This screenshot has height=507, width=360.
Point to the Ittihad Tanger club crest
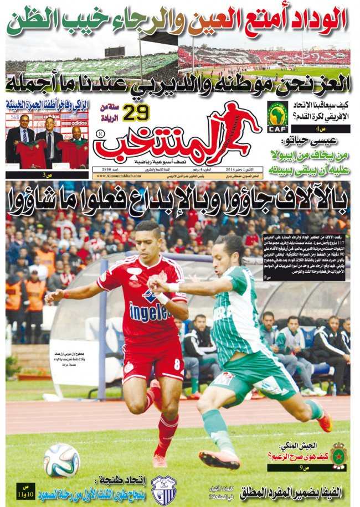pos(164,489)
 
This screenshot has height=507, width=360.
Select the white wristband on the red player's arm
pos(162,298)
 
